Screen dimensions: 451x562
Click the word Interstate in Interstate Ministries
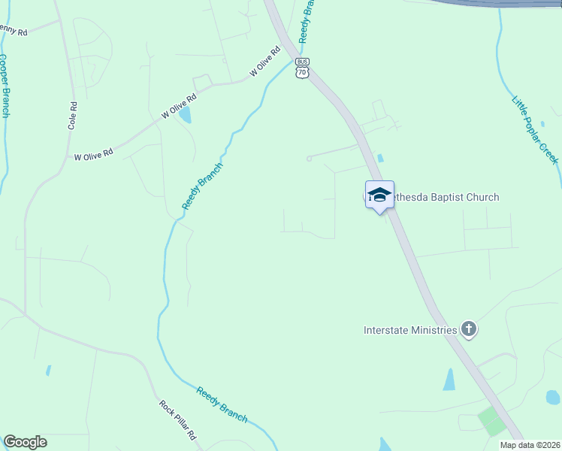click(388, 330)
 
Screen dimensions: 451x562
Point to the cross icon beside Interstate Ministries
click(469, 329)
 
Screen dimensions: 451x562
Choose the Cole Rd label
click(73, 116)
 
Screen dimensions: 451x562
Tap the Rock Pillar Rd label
click(177, 419)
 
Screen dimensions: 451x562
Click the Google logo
click(25, 442)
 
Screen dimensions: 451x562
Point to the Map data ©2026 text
click(530, 445)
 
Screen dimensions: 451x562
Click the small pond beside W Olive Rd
click(185, 114)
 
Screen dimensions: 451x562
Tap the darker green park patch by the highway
click(492, 420)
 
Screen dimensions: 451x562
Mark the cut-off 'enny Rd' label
click(14, 31)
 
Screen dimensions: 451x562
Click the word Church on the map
click(481, 198)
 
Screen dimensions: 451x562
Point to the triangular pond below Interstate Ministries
click(449, 380)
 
